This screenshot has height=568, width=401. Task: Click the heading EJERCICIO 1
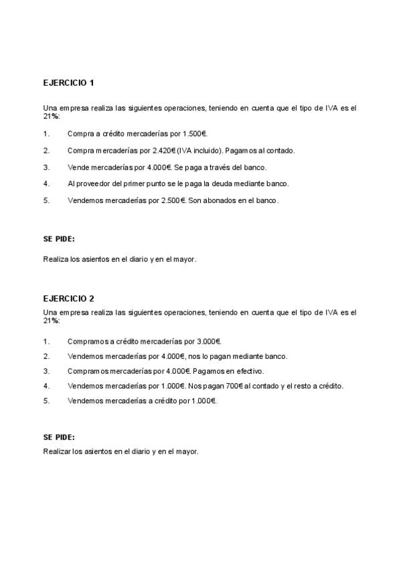point(69,83)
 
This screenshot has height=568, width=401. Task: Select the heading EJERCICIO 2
point(69,299)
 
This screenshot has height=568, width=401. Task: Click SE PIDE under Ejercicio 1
point(59,238)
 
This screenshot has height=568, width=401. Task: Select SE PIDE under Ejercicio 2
point(59,436)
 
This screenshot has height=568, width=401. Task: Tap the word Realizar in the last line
point(56,452)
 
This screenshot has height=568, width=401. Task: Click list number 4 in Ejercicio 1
point(46,184)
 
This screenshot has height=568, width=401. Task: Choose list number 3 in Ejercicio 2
point(46,371)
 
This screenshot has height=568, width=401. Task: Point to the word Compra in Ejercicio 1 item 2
point(80,151)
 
